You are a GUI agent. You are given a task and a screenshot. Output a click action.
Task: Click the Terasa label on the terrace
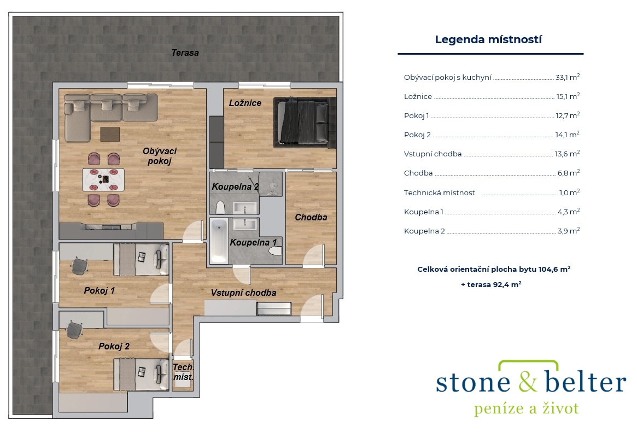[185, 53]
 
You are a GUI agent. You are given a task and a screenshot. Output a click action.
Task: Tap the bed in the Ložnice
[304, 122]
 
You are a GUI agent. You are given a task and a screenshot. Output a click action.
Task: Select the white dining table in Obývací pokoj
[103, 179]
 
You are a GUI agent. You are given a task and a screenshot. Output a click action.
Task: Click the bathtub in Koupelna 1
[219, 241]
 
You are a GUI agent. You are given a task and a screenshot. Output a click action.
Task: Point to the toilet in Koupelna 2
[220, 207]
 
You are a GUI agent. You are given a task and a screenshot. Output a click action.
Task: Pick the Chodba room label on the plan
[311, 218]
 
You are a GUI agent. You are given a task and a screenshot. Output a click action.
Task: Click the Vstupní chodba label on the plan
[243, 293]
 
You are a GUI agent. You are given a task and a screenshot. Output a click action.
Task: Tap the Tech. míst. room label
[183, 372]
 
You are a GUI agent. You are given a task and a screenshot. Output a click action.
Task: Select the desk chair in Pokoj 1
[79, 267]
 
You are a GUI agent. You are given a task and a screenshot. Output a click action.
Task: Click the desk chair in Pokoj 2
[74, 330]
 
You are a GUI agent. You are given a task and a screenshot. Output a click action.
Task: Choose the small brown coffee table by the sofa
[110, 134]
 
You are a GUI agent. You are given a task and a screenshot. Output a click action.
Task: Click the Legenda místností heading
[488, 39]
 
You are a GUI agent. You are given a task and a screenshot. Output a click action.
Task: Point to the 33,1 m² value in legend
[567, 77]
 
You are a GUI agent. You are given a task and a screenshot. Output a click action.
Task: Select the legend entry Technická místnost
[439, 192]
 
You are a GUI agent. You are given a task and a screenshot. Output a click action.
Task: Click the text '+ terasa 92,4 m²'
[491, 284]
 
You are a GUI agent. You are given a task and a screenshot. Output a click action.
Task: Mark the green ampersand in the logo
[527, 382]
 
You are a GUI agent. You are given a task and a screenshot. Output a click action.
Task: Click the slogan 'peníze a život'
[526, 408]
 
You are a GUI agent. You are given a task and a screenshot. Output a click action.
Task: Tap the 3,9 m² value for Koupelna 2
[568, 231]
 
